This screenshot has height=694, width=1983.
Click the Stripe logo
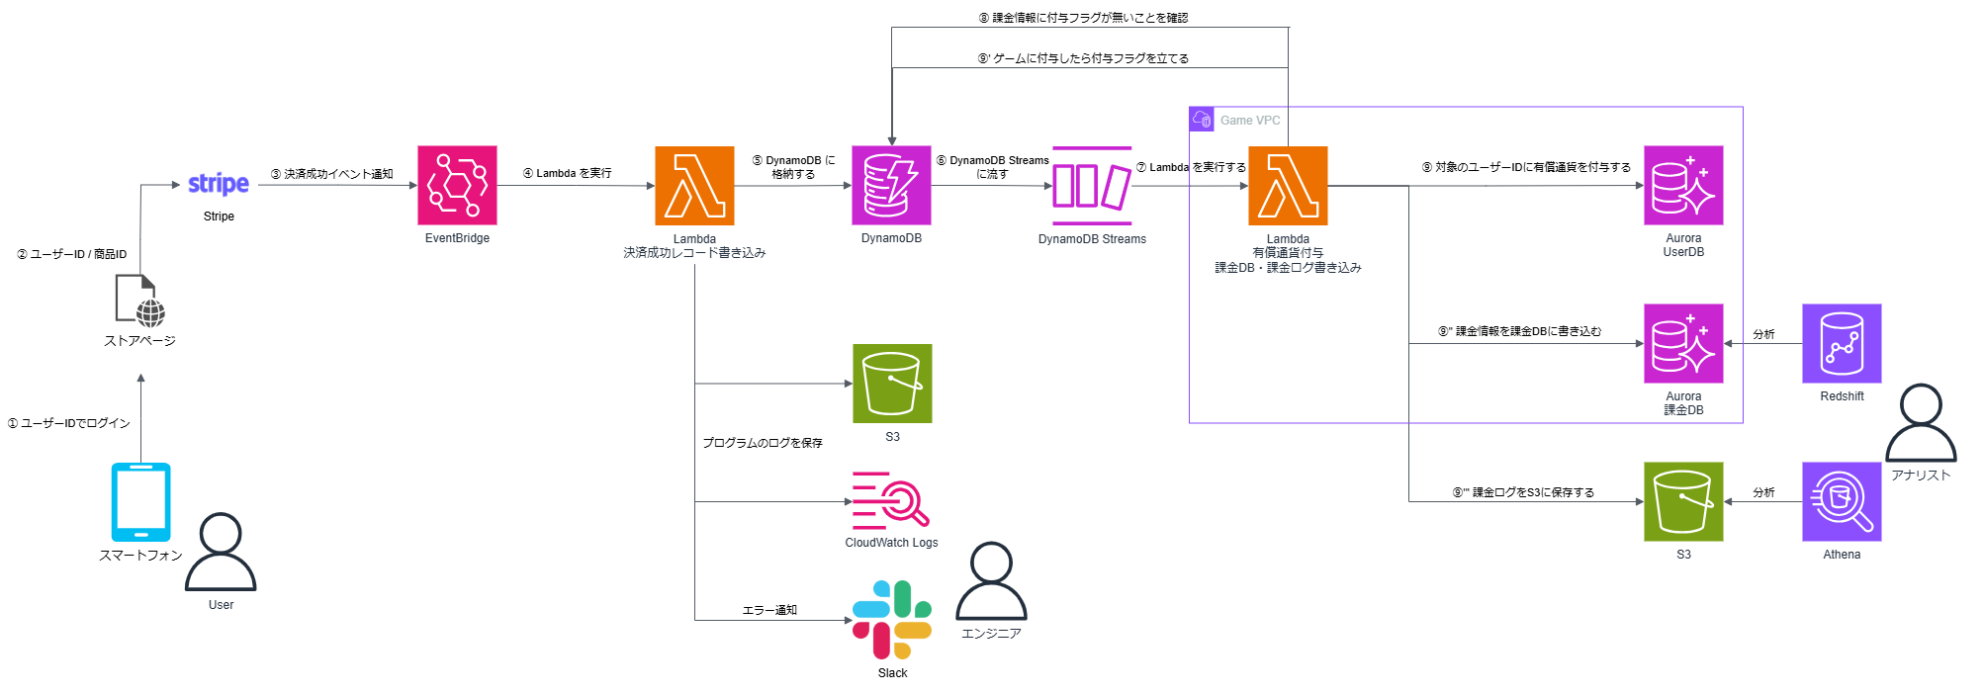(x=219, y=184)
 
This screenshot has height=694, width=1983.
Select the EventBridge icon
(x=457, y=186)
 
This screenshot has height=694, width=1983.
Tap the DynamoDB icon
(x=891, y=186)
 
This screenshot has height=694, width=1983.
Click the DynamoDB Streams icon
(x=1091, y=186)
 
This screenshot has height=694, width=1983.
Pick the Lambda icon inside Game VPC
(x=1288, y=186)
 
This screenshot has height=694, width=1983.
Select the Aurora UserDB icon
(x=1683, y=186)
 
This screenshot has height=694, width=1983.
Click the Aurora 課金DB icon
(x=1683, y=343)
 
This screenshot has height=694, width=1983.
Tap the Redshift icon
(x=1841, y=343)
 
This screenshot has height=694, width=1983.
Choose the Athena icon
(x=1841, y=501)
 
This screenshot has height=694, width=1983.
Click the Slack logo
(x=892, y=620)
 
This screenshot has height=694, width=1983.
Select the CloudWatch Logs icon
(x=890, y=499)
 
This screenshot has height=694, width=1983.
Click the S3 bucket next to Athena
(x=1683, y=501)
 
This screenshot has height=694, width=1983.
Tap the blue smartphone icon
(x=140, y=501)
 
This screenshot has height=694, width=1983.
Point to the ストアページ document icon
(x=139, y=301)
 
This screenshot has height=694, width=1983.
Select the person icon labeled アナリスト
(x=1921, y=423)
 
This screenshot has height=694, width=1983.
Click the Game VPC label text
(x=1250, y=121)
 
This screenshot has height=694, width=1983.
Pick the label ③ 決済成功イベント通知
(x=331, y=174)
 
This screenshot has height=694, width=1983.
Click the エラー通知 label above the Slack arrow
(x=769, y=610)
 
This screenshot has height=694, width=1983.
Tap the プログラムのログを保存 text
(x=762, y=443)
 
